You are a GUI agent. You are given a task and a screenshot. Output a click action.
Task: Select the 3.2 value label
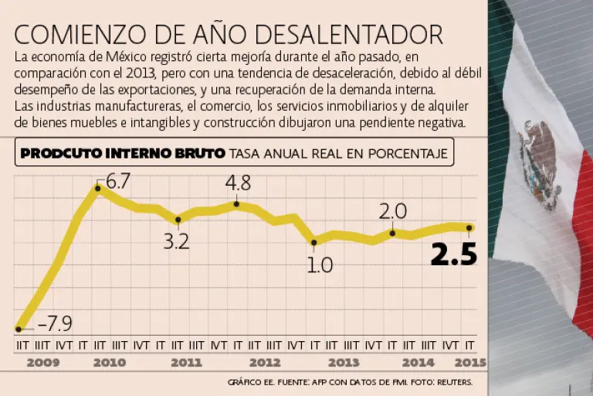coord(177,241)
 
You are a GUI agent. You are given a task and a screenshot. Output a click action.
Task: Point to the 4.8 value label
coord(237,184)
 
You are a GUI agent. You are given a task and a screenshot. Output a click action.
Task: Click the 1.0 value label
coord(320,265)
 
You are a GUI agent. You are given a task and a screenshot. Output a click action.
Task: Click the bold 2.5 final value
coord(453,254)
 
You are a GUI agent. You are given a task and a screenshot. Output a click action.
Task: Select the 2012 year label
coord(265,362)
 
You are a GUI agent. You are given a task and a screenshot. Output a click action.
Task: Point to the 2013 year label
coord(343,362)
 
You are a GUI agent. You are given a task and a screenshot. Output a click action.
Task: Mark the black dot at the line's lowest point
coord(19,329)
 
